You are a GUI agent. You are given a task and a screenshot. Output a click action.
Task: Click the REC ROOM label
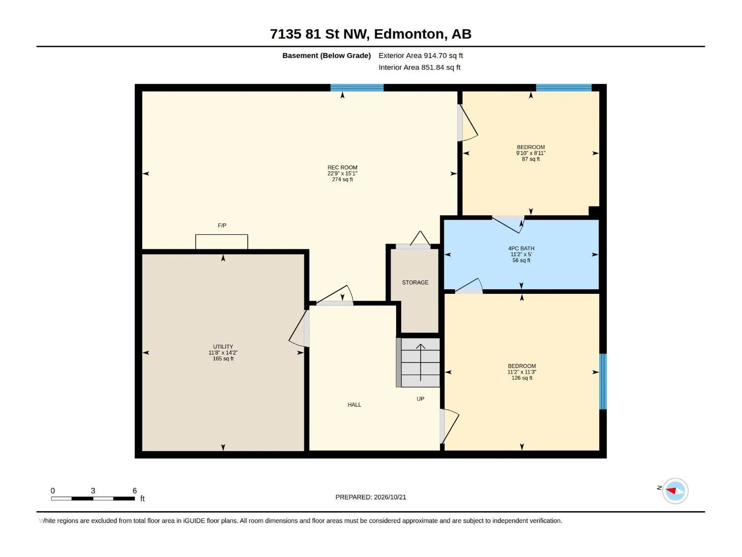click(x=342, y=168)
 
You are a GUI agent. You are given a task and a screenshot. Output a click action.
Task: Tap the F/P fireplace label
click(x=222, y=226)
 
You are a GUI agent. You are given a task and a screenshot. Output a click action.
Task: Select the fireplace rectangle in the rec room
click(x=221, y=241)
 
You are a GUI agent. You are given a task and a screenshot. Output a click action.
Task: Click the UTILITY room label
click(x=223, y=347)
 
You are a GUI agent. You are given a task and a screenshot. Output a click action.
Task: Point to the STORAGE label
click(x=415, y=282)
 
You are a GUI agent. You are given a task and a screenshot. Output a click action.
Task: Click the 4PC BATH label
click(x=521, y=248)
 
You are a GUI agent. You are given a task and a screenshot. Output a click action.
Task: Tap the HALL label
click(x=354, y=404)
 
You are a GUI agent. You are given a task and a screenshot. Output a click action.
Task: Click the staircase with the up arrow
click(x=418, y=363)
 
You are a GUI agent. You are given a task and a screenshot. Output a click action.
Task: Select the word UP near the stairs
click(x=420, y=399)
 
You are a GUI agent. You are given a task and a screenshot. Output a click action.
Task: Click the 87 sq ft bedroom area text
click(x=531, y=159)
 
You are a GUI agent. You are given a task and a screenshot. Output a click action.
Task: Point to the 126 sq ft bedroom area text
click(x=522, y=378)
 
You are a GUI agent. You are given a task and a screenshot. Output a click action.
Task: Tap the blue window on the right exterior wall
click(x=603, y=382)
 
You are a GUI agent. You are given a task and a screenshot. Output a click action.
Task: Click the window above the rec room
click(x=357, y=88)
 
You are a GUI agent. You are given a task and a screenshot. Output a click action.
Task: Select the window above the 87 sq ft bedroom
click(x=563, y=88)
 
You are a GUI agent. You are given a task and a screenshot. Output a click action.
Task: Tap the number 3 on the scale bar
click(x=93, y=491)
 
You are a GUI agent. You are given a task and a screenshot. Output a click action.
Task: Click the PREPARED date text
click(x=371, y=497)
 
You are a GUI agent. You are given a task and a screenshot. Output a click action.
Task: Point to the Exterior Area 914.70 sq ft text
click(x=421, y=55)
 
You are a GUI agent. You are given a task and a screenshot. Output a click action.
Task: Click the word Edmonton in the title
click(x=409, y=34)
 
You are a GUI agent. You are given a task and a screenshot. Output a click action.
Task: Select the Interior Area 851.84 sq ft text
click(x=419, y=67)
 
